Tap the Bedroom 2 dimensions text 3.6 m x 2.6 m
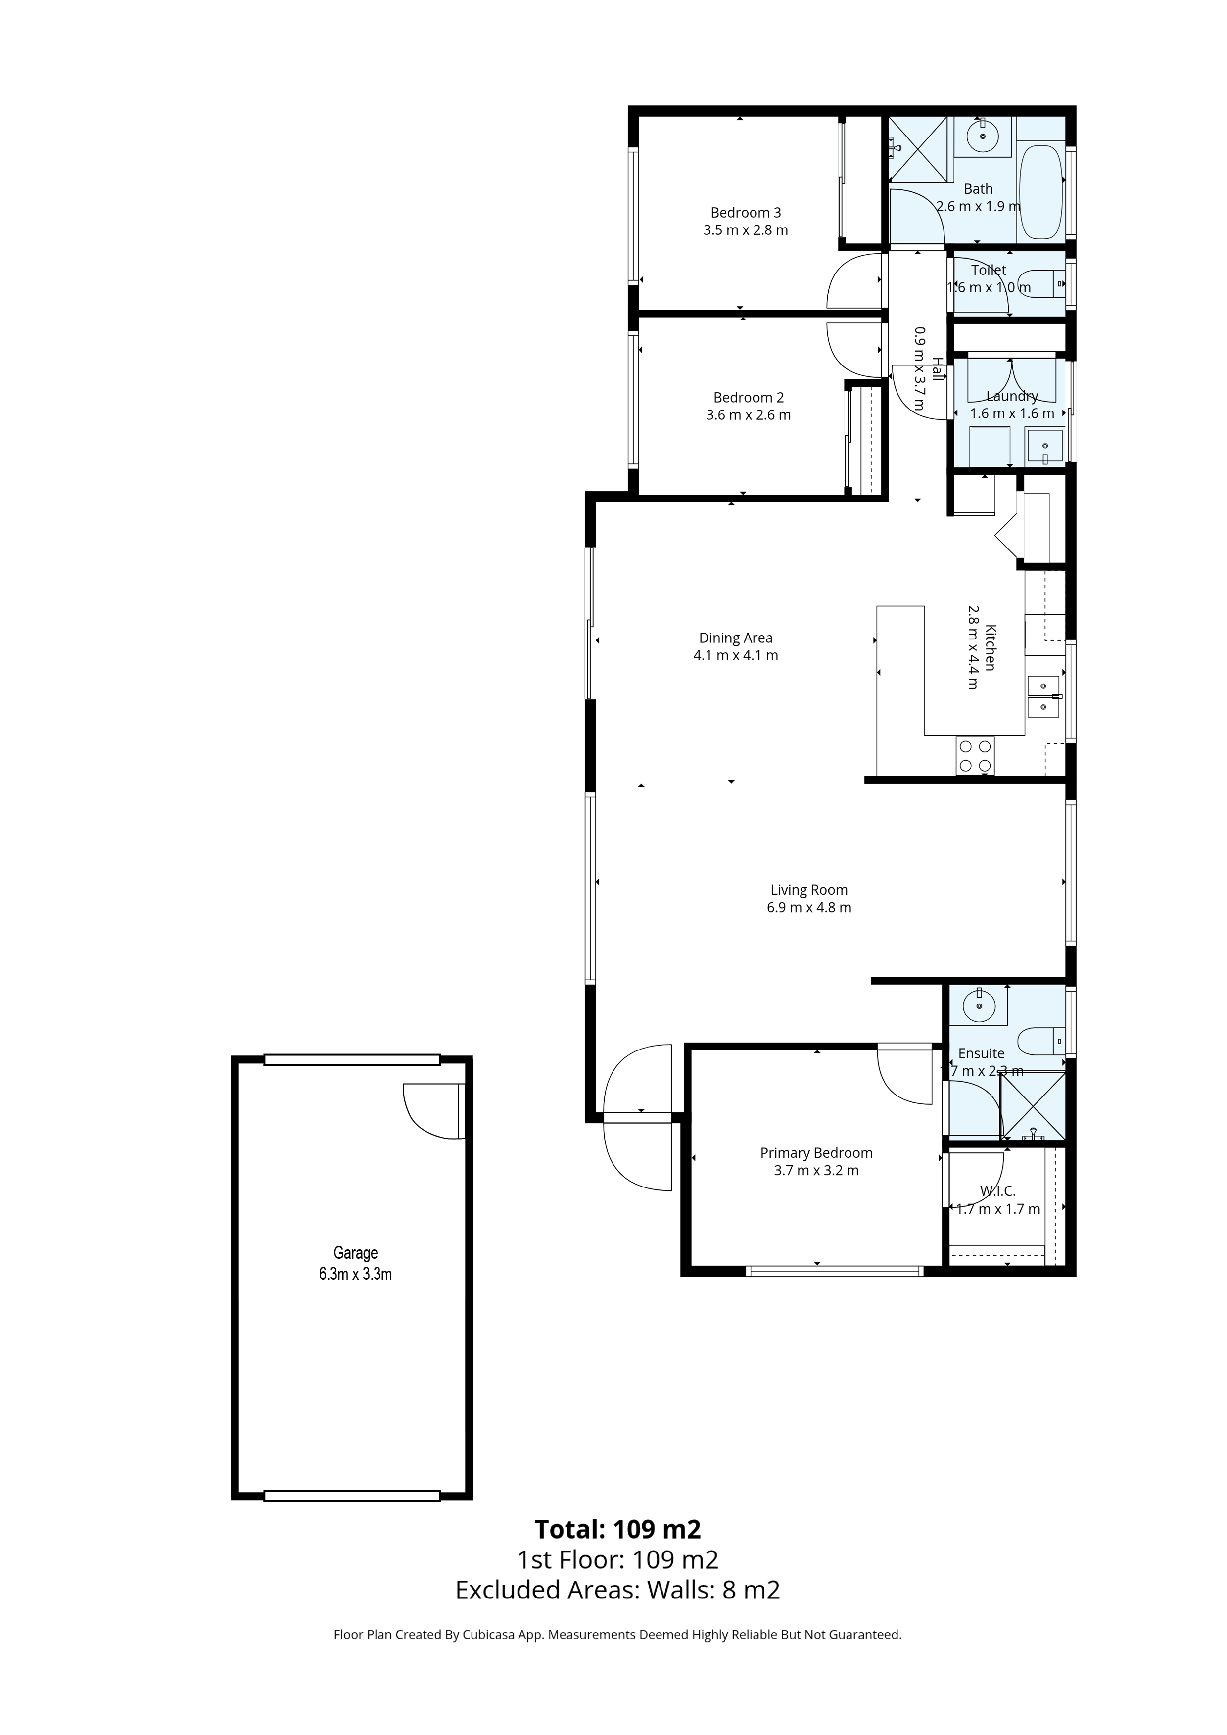click(749, 415)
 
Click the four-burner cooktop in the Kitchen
click(975, 756)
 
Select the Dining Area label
click(736, 639)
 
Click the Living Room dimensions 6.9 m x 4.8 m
click(809, 908)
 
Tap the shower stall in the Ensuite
click(1033, 1105)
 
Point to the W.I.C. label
click(998, 1191)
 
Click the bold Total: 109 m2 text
click(617, 1529)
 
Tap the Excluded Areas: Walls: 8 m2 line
click(617, 1591)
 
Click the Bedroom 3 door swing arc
click(855, 280)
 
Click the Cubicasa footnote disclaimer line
click(617, 1635)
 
